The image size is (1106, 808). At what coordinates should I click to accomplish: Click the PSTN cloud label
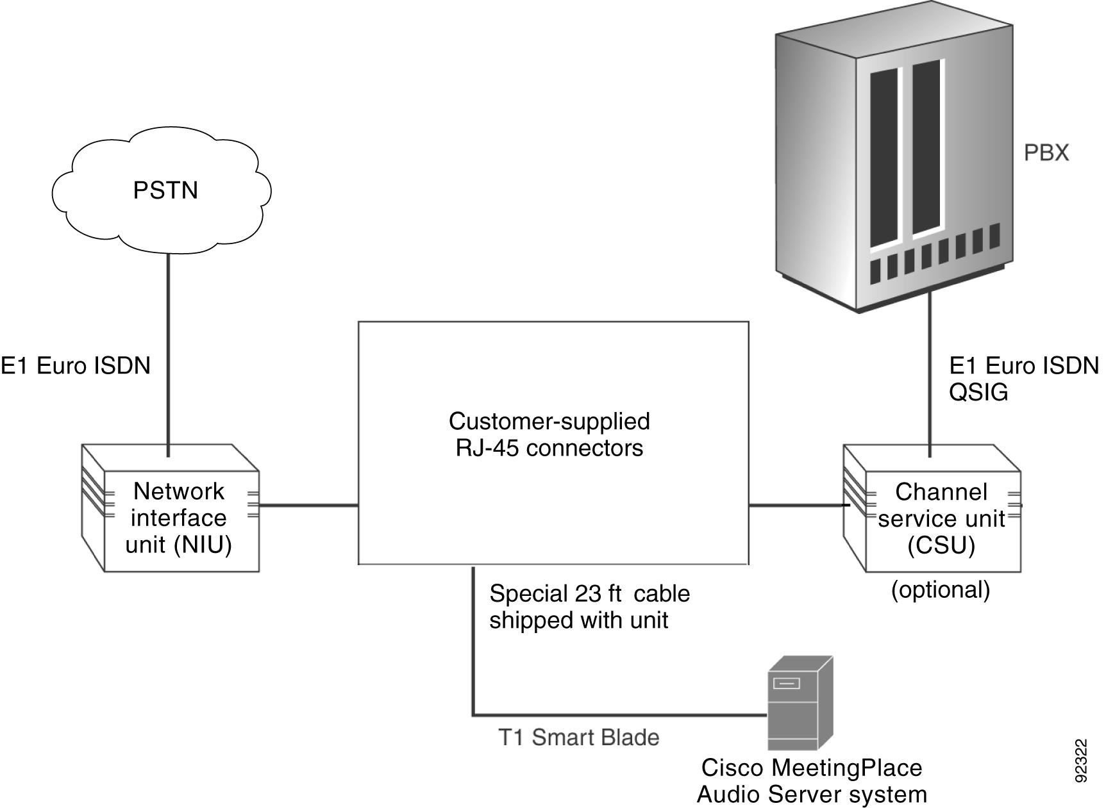pos(165,190)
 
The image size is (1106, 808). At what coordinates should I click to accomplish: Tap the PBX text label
pos(1046,153)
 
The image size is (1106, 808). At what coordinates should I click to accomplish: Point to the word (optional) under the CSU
pos(940,589)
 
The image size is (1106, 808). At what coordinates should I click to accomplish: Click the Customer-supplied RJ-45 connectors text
pos(549,434)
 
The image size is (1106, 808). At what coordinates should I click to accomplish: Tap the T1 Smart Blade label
pos(578,738)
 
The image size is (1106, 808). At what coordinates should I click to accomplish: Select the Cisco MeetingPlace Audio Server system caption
pos(812,781)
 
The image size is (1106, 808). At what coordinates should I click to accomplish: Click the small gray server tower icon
pos(800,705)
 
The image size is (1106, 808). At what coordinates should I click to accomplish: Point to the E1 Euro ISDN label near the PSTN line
pos(75,366)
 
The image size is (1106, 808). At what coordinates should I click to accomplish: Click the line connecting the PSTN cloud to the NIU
pos(168,352)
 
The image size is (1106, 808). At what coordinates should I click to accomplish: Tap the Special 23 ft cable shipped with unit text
pos(589,607)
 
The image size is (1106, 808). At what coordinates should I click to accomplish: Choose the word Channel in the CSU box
pos(941,492)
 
